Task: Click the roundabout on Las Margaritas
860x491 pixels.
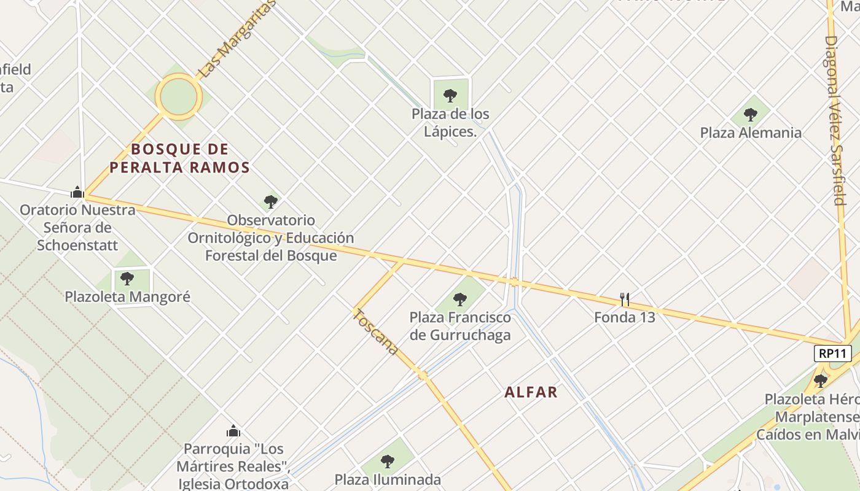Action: click(179, 96)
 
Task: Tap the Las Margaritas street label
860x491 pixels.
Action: click(237, 39)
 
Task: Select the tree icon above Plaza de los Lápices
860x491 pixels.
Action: click(450, 95)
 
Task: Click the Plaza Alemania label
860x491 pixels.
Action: click(751, 133)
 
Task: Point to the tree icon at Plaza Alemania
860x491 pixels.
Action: click(750, 114)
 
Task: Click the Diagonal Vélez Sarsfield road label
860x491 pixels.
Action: click(835, 120)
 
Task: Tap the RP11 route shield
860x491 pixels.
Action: click(832, 354)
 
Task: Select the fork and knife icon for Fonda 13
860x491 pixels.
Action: click(624, 300)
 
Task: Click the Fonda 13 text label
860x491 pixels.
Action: click(624, 317)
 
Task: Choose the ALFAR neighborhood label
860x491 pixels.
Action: click(531, 392)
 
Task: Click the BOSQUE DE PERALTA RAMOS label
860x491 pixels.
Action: click(180, 158)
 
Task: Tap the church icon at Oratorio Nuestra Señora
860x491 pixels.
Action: click(77, 192)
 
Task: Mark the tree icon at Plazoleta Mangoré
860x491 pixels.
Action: click(127, 279)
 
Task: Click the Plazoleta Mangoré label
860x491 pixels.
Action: click(128, 297)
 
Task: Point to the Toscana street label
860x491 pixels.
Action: click(376, 331)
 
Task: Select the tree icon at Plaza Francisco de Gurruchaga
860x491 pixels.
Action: click(459, 300)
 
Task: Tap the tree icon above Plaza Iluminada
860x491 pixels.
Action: click(387, 461)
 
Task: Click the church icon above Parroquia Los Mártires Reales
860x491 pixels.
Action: click(233, 431)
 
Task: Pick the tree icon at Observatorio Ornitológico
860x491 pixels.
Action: click(270, 201)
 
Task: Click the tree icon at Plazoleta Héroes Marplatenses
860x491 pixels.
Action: click(820, 381)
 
